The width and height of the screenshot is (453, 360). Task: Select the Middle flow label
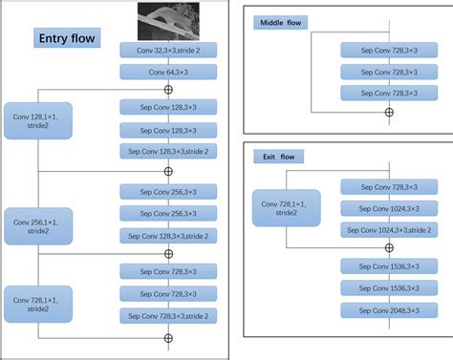pos(279,21)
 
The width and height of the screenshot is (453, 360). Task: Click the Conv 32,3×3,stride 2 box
pos(167,50)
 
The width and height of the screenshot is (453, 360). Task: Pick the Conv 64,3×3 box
pos(167,71)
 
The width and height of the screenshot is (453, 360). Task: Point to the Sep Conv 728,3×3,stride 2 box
pos(167,314)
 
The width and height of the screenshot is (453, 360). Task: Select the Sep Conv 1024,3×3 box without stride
pos(388,208)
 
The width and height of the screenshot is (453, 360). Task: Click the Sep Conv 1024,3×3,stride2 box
pos(388,229)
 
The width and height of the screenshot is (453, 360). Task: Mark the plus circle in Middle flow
pos(388,112)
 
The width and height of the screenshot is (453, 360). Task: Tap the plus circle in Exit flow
pos(388,247)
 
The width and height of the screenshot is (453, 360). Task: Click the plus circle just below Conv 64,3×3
pos(168,89)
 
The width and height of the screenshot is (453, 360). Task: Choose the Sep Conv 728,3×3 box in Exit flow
pos(388,187)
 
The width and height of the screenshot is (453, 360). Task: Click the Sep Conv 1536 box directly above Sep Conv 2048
pos(388,286)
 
